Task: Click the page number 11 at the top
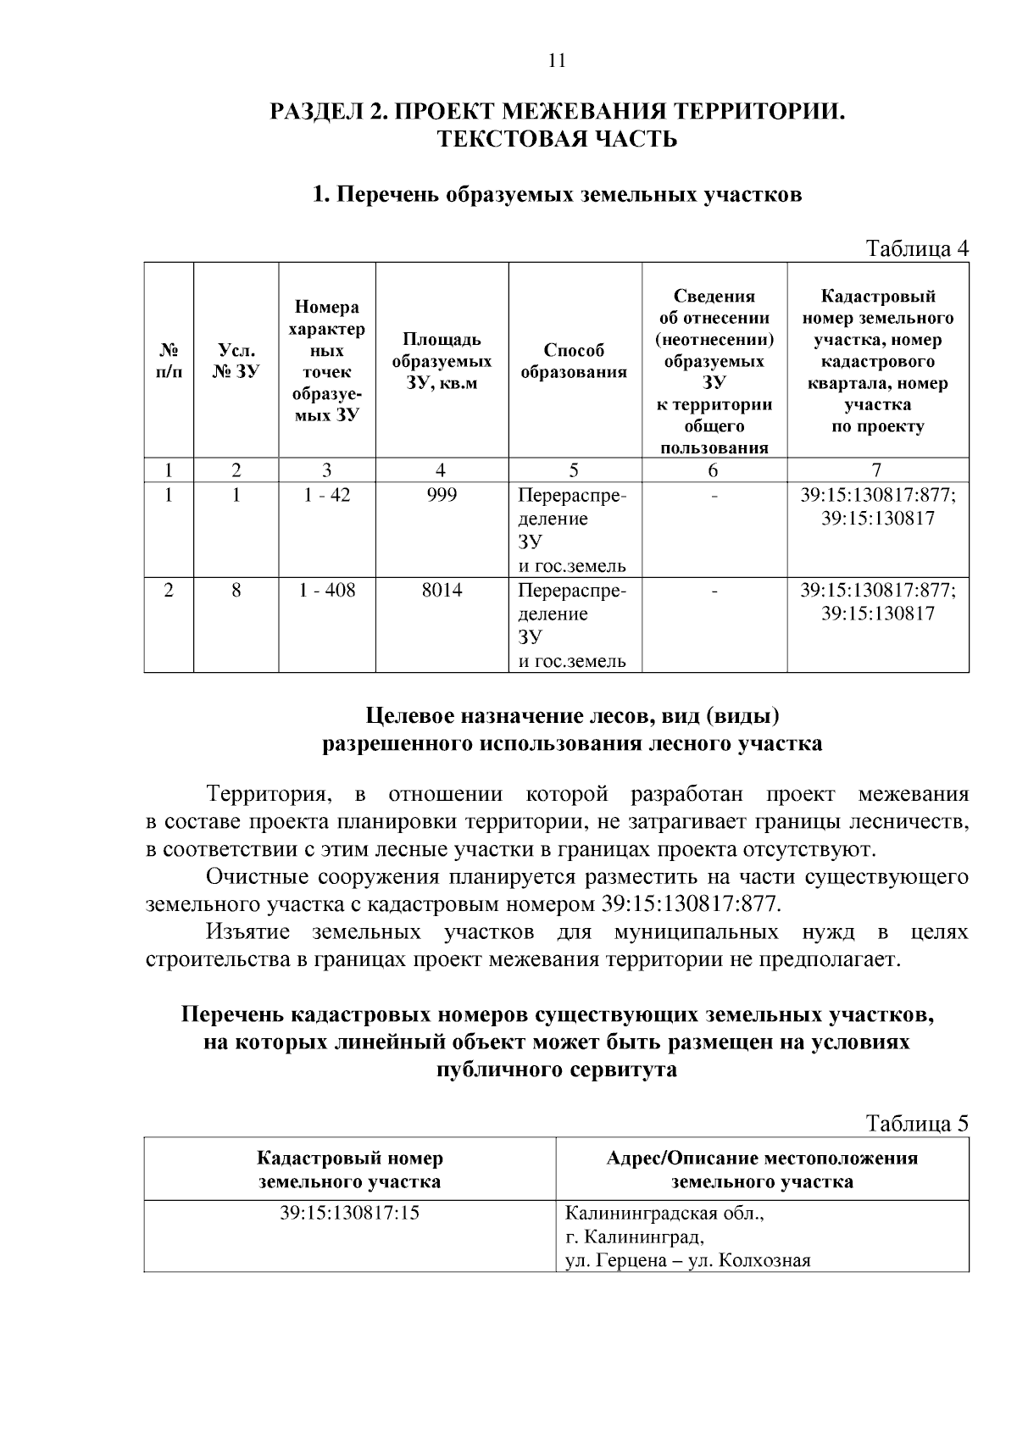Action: pyautogui.click(x=556, y=61)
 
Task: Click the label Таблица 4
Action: pyautogui.click(x=915, y=248)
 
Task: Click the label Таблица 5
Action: pyautogui.click(x=915, y=1123)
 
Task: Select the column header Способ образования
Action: pyautogui.click(x=574, y=361)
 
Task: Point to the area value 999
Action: pyautogui.click(x=441, y=495)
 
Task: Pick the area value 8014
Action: pyautogui.click(x=441, y=590)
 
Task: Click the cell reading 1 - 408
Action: pyautogui.click(x=326, y=590)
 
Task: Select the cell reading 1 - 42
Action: pyautogui.click(x=326, y=495)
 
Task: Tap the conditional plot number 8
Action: pyautogui.click(x=236, y=590)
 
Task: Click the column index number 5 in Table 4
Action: pyautogui.click(x=574, y=470)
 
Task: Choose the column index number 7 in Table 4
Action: pyautogui.click(x=876, y=470)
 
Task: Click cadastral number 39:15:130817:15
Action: pyautogui.click(x=349, y=1214)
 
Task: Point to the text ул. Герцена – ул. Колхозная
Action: pyautogui.click(x=687, y=1260)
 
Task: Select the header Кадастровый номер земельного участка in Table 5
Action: pyautogui.click(x=349, y=1169)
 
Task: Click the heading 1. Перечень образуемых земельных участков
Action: pyautogui.click(x=556, y=195)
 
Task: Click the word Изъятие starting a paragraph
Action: pyautogui.click(x=247, y=932)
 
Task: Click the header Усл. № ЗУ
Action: pyautogui.click(x=236, y=361)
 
